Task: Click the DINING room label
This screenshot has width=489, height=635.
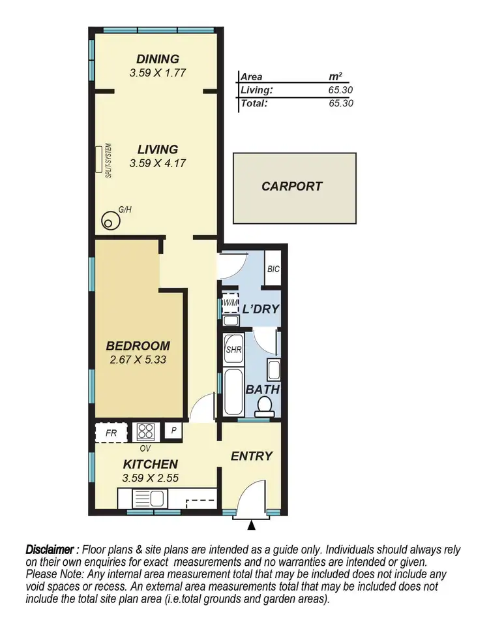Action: point(158,59)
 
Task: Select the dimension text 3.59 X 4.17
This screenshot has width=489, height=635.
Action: point(158,163)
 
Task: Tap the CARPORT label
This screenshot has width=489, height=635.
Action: point(291,187)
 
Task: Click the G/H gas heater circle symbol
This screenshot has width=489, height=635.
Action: point(110,223)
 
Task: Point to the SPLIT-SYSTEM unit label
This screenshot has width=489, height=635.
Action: point(109,161)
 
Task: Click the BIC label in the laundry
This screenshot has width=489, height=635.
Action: point(273,268)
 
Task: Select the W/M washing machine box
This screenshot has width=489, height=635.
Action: point(230,303)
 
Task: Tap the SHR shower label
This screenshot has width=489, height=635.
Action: point(233,349)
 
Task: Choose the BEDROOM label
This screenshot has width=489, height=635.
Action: point(138,346)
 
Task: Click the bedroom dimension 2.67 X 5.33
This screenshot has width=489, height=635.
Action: point(138,359)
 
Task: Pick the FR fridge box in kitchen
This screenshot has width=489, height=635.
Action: point(111,432)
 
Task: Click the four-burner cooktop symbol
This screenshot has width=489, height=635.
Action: point(145,431)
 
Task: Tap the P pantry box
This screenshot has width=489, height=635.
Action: point(173,431)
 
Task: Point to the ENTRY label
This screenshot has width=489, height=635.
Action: point(251,456)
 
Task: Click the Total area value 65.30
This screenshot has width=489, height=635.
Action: point(341,103)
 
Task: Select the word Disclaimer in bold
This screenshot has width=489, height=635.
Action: point(52,550)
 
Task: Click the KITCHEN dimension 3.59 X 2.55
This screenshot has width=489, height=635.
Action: point(151,478)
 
